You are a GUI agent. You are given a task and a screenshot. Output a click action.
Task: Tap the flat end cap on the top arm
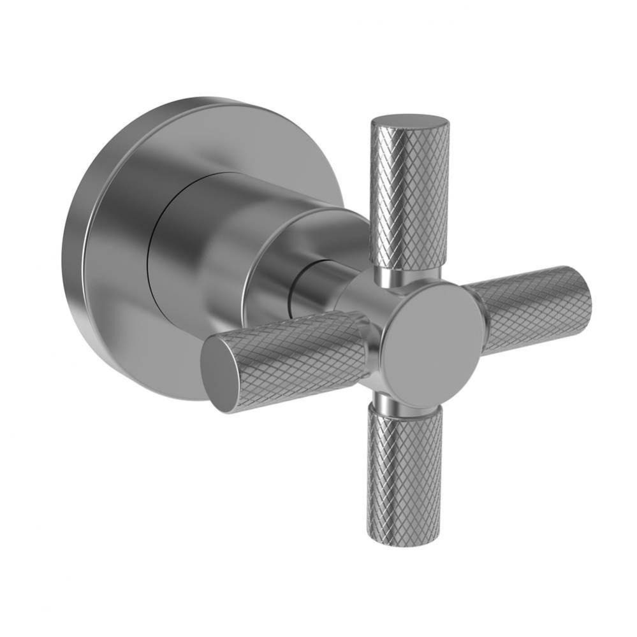(x=410, y=122)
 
